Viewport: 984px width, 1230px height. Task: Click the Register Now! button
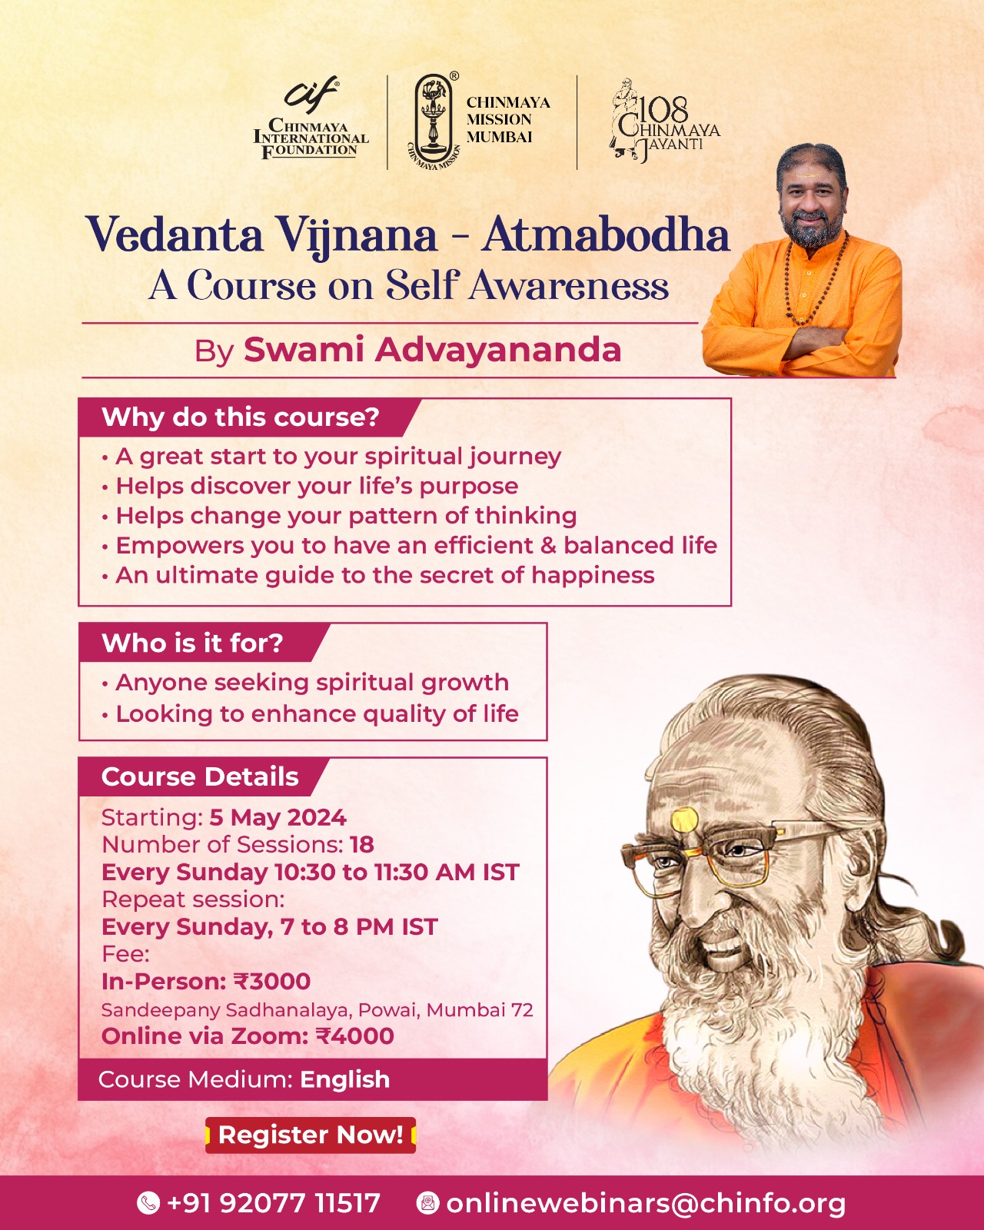[x=311, y=1135]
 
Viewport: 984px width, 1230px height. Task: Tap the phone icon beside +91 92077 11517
[x=148, y=1202]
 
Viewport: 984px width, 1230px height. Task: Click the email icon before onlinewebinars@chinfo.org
[x=427, y=1202]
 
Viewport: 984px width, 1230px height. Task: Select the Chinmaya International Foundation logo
[x=311, y=121]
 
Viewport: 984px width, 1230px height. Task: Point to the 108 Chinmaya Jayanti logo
[x=663, y=121]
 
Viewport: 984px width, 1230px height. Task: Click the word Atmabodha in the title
[x=606, y=235]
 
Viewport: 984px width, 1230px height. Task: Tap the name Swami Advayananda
[x=432, y=350]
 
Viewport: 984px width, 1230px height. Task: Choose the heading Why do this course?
[x=241, y=417]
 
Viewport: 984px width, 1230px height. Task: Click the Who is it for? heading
[x=192, y=643]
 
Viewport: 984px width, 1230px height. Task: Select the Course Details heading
[x=200, y=777]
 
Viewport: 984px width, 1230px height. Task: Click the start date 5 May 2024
[x=278, y=817]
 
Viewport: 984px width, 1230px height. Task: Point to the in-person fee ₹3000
[x=272, y=982]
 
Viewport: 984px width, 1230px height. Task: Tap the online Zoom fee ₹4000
[x=354, y=1036]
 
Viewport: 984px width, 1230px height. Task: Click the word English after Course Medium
[x=344, y=1079]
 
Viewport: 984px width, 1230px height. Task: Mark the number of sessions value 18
[x=361, y=845]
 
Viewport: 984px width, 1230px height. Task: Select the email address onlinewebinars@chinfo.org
[x=646, y=1202]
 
